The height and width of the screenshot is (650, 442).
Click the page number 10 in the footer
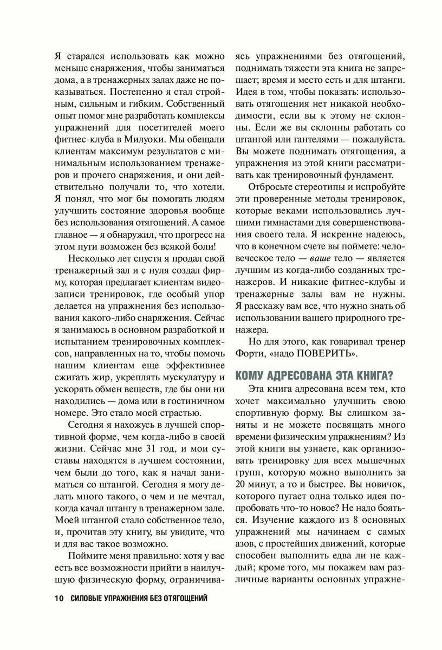coord(59,598)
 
